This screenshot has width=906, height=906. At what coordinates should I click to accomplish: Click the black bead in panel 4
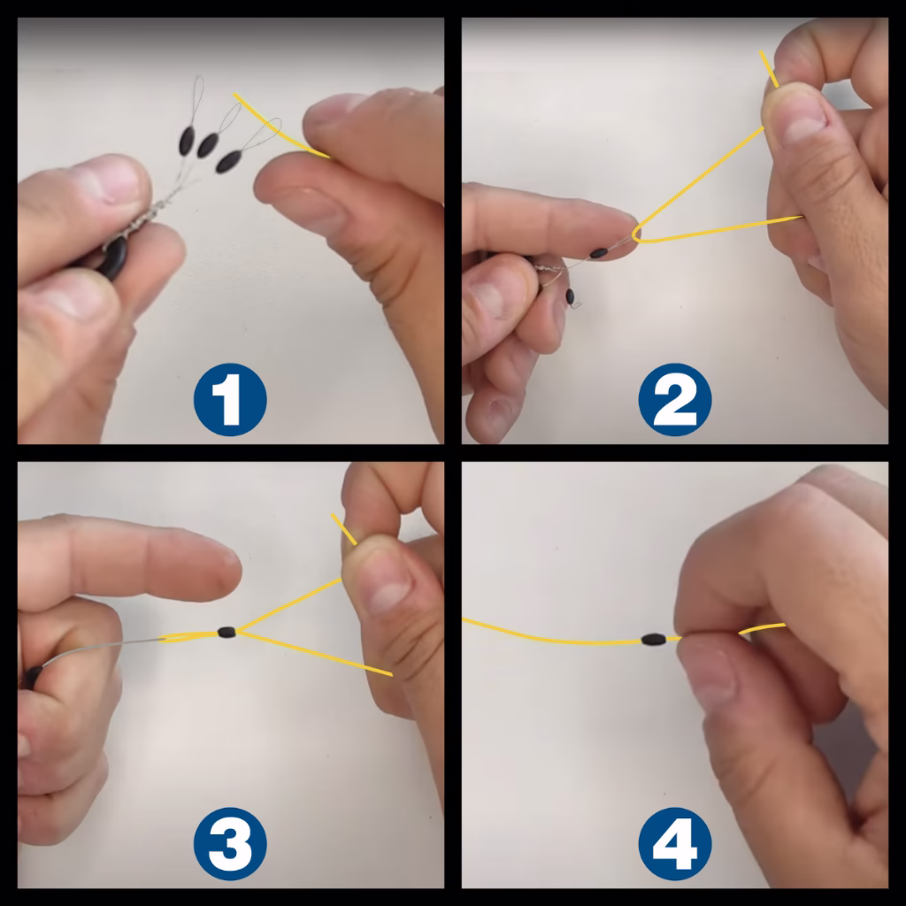pos(653,638)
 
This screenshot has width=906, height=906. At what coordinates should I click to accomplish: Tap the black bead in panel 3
pos(226,632)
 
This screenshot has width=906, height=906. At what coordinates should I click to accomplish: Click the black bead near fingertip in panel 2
pos(600,253)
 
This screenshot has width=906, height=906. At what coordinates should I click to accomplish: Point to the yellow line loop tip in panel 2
pos(635,234)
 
